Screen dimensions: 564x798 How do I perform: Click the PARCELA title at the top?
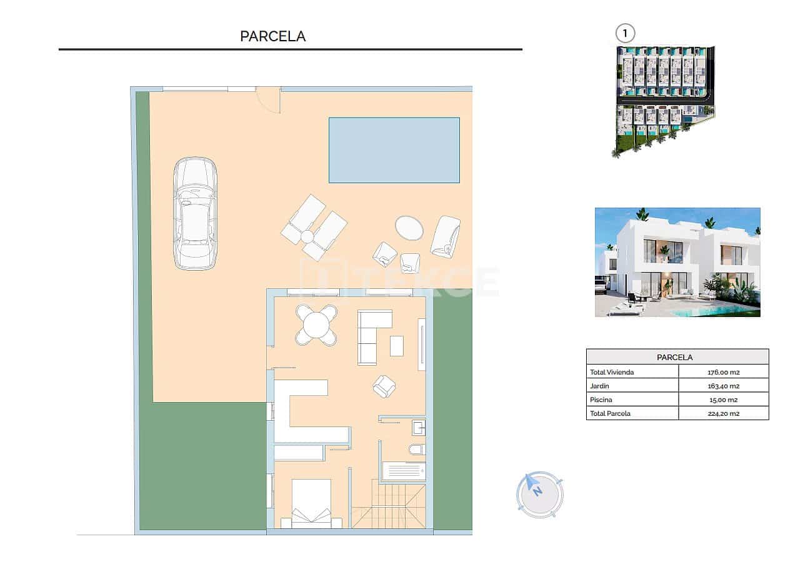tap(273, 36)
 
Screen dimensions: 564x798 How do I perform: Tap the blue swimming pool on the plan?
tap(394, 150)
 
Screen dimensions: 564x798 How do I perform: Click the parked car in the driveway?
tap(195, 213)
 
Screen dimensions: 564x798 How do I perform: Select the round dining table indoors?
tap(316, 325)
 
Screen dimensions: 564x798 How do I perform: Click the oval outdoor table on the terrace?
tap(409, 228)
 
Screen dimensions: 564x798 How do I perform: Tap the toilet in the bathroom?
tap(417, 449)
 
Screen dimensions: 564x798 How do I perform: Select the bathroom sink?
tap(418, 428)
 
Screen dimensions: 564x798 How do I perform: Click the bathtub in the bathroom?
tap(404, 471)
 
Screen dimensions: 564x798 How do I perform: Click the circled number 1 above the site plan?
tap(624, 33)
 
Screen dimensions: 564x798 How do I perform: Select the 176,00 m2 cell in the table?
tap(724, 372)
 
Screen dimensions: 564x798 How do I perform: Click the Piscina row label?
tap(601, 400)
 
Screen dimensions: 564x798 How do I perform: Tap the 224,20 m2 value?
tap(724, 413)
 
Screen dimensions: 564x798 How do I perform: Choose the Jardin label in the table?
tap(600, 386)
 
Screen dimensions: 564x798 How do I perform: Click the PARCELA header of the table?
tap(677, 357)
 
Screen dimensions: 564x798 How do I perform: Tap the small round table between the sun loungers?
tap(307, 236)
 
